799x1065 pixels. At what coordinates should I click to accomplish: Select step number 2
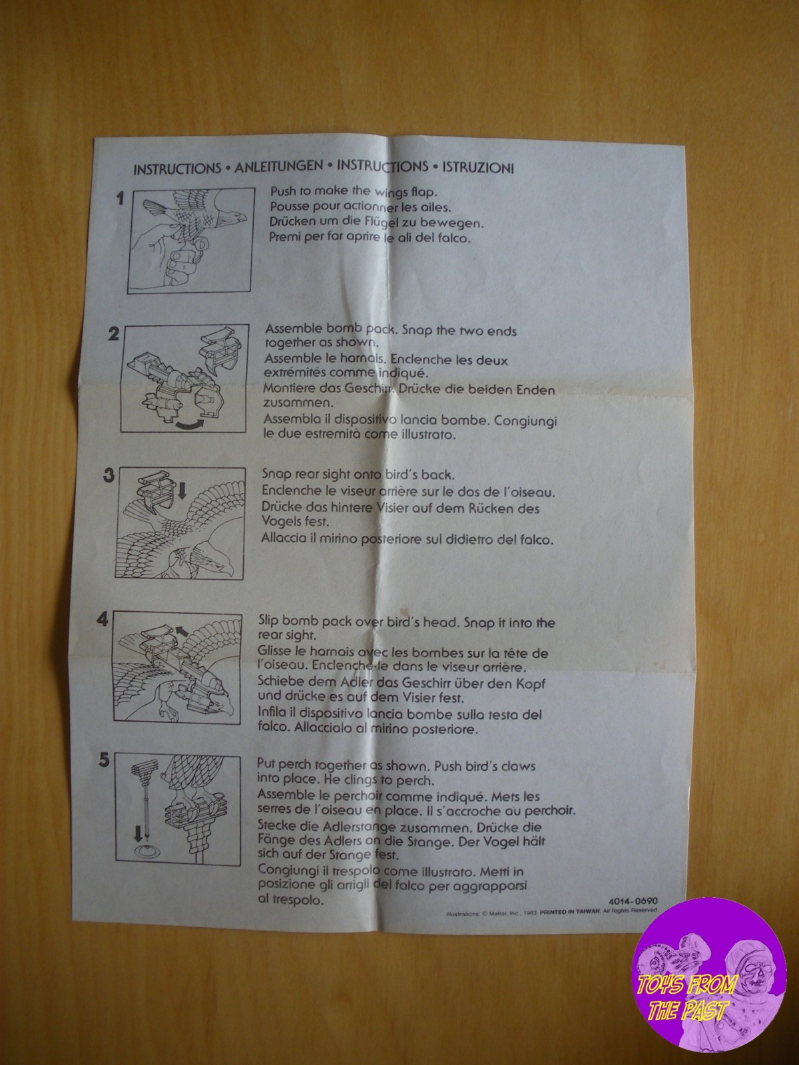click(x=113, y=334)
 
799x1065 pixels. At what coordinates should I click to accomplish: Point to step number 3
click(x=109, y=475)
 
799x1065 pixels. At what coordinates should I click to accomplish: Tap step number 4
click(x=103, y=620)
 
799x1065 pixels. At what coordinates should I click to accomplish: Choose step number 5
click(x=105, y=760)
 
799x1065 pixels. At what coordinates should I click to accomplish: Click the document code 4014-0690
click(x=633, y=901)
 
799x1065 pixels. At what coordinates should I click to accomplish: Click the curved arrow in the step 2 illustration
click(x=196, y=424)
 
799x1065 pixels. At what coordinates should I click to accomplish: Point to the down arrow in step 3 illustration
click(x=182, y=492)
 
